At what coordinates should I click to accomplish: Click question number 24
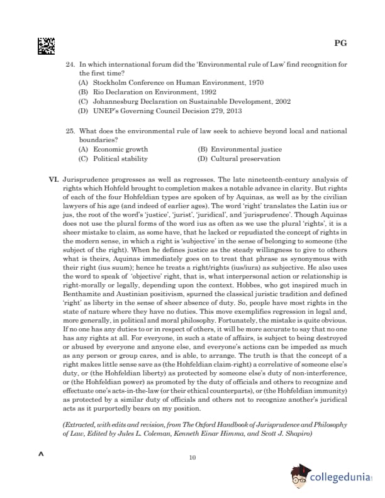pyautogui.click(x=70, y=65)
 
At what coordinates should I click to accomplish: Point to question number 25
pyautogui.click(x=70, y=131)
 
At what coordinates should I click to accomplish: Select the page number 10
pyautogui.click(x=192, y=457)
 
